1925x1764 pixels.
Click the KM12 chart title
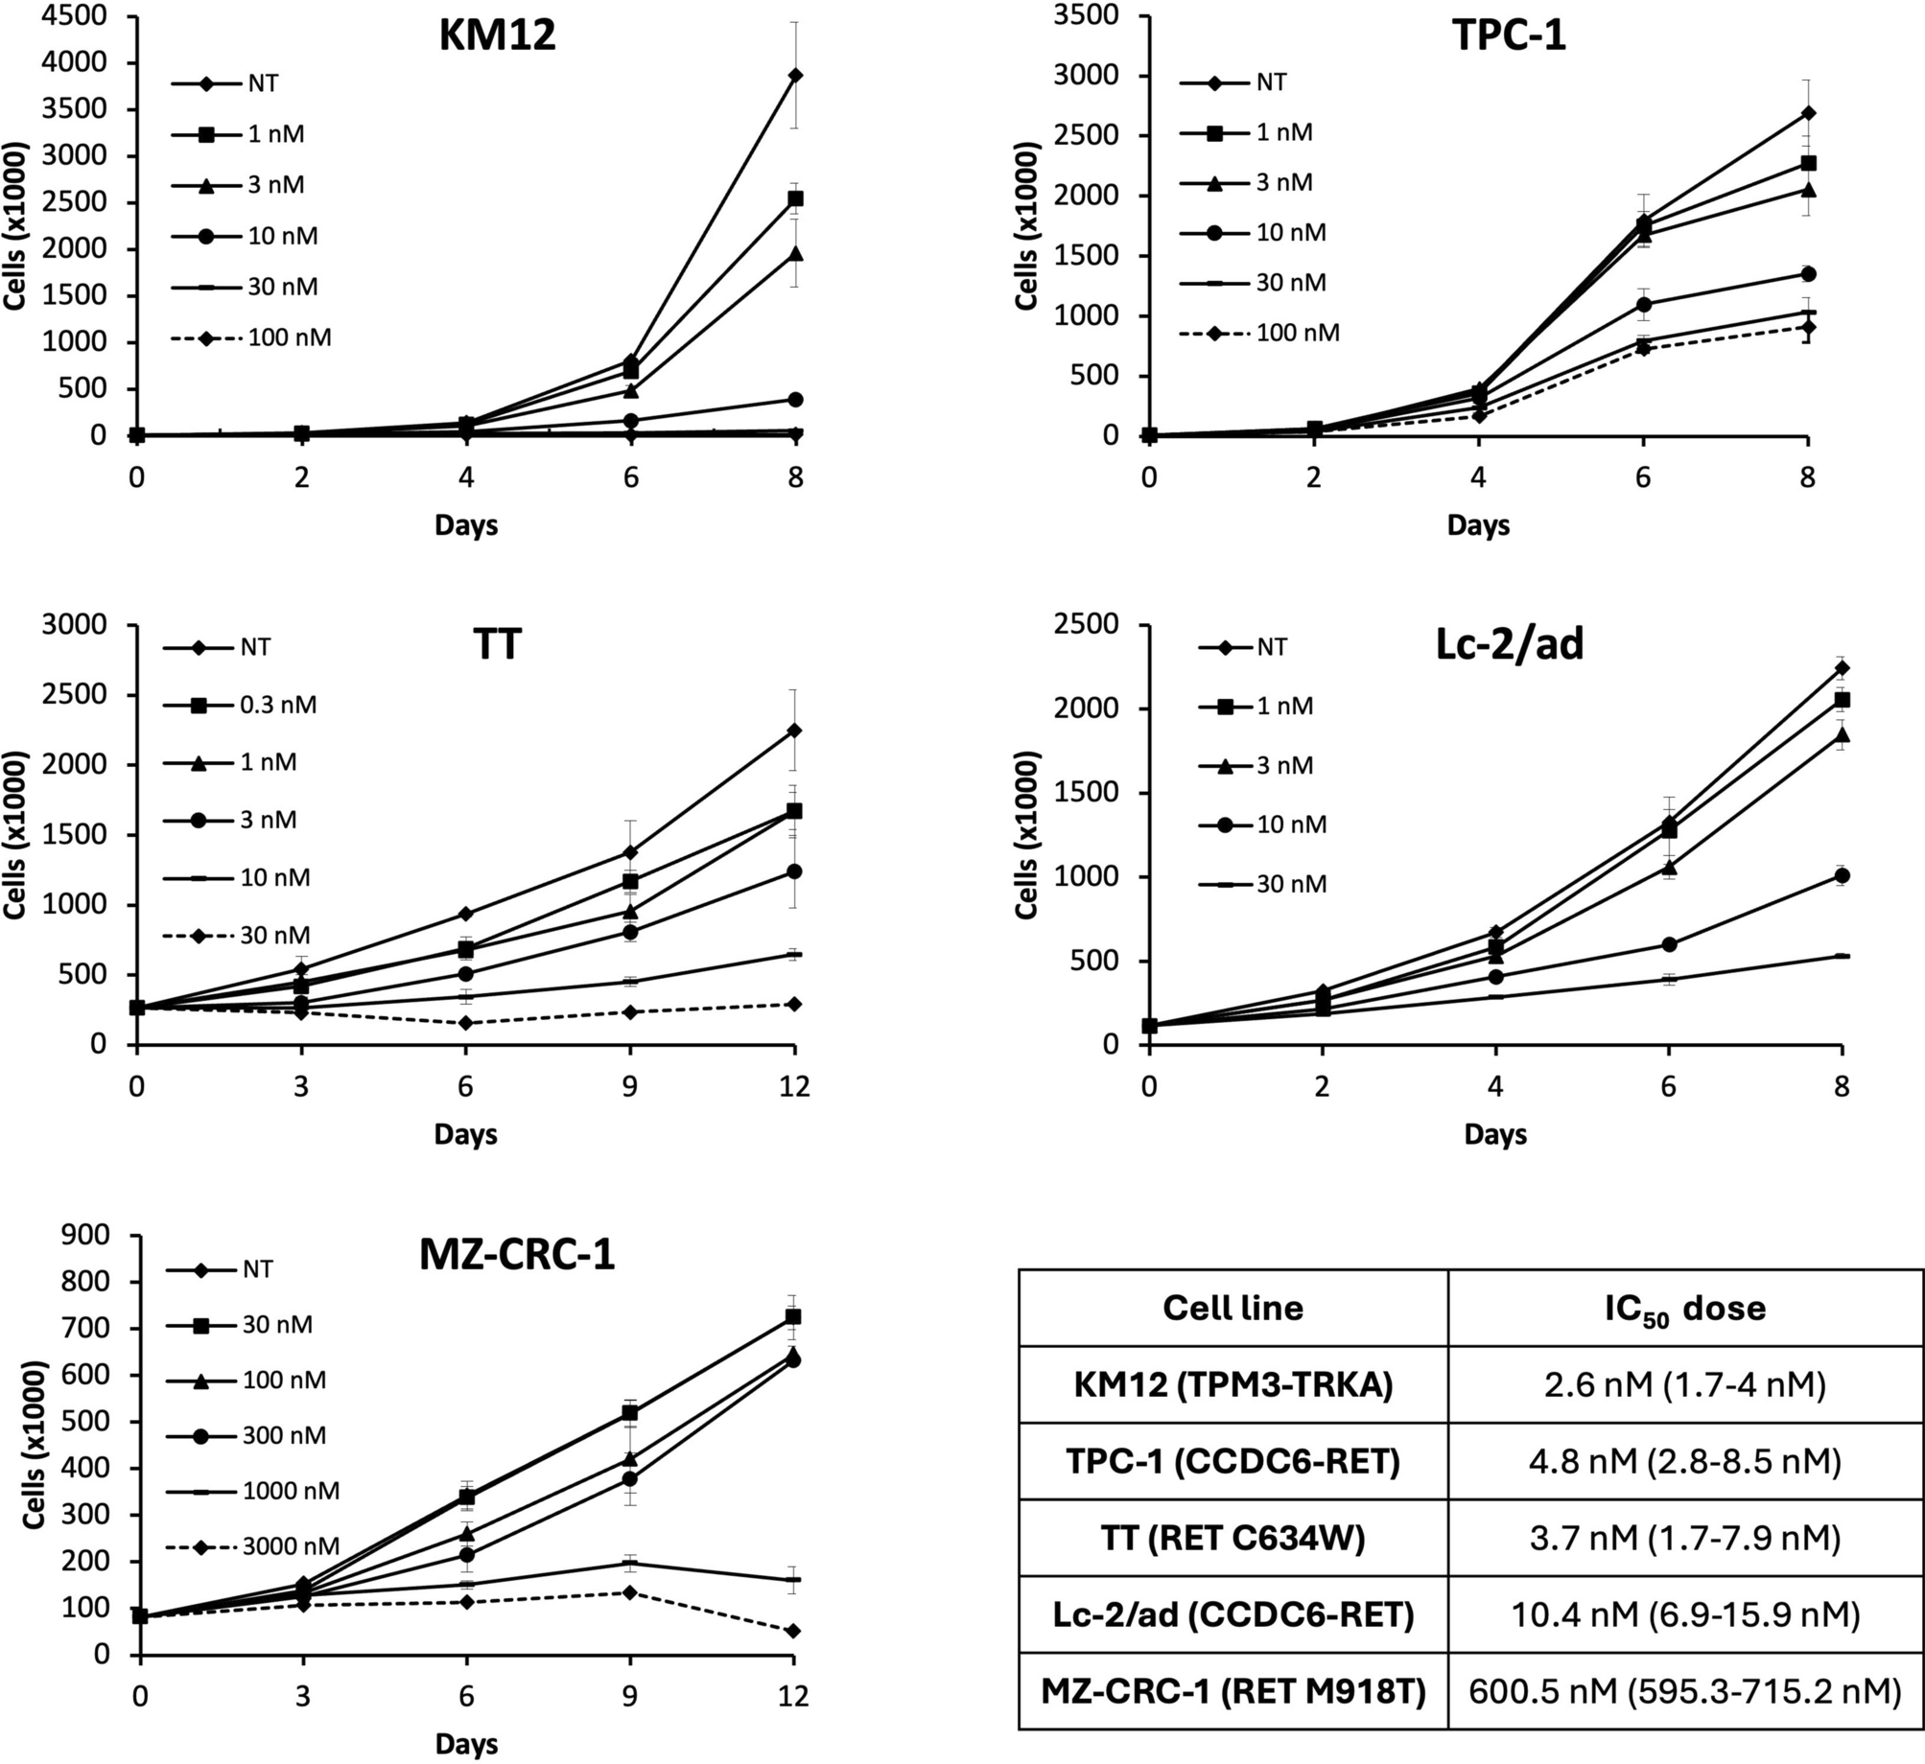click(498, 35)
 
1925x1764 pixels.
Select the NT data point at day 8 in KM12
click(794, 75)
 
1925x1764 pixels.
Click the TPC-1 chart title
click(1509, 35)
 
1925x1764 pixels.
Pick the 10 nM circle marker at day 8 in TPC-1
click(1808, 274)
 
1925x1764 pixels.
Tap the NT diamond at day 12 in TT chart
click(794, 731)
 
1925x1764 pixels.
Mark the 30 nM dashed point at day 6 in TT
click(465, 1023)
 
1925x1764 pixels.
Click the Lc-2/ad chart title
click(1510, 644)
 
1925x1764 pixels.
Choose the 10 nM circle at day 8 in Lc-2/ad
click(1841, 875)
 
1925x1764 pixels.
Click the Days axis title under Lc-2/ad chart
click(1494, 1135)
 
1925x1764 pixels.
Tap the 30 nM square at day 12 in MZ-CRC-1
click(793, 1317)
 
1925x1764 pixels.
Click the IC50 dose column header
click(1684, 1308)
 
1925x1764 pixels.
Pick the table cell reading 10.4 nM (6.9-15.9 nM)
click(1684, 1615)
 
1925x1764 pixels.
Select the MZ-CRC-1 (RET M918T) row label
click(1232, 1692)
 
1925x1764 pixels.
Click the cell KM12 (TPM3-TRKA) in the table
click(1232, 1384)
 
